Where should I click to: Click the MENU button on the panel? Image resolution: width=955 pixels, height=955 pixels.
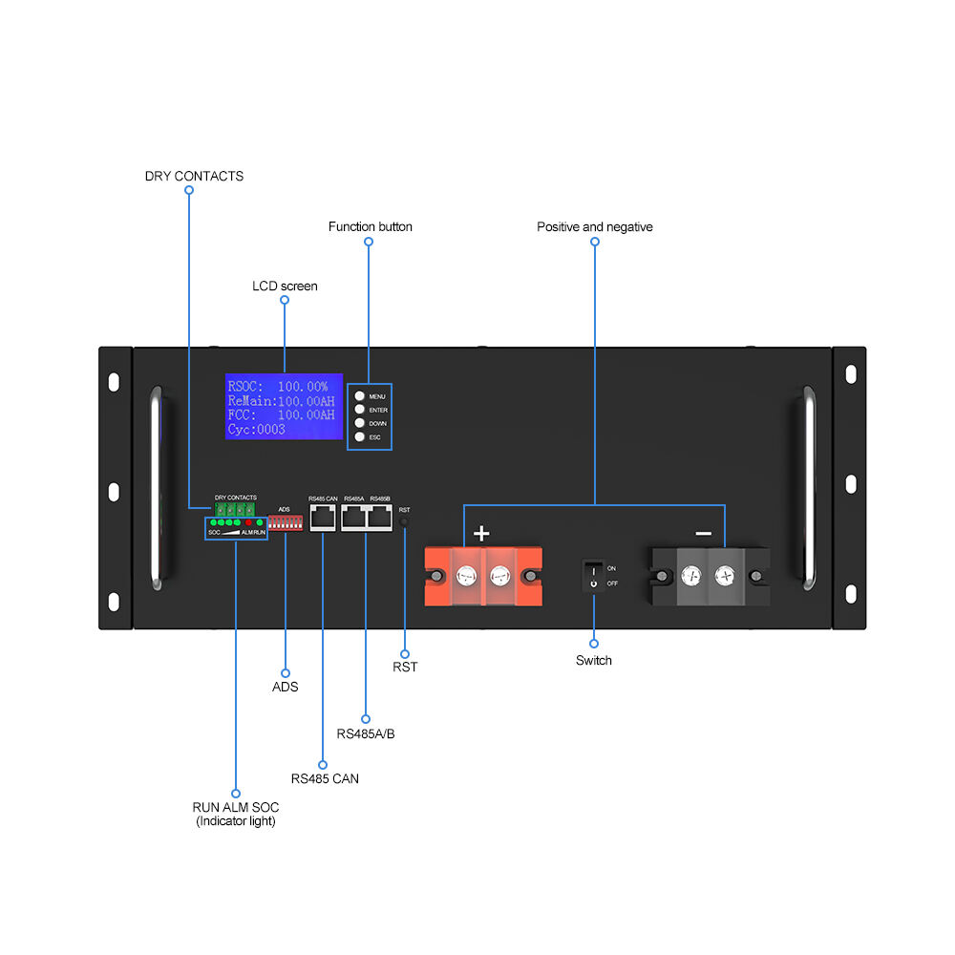[x=359, y=395]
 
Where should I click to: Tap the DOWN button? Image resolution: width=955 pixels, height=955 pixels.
[x=359, y=422]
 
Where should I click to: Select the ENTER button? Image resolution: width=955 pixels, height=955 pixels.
[x=359, y=409]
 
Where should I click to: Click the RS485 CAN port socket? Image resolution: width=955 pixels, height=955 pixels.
[x=322, y=518]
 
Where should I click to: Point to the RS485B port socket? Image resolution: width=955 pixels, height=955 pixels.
[x=380, y=518]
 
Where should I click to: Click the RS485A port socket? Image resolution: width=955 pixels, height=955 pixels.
[x=353, y=518]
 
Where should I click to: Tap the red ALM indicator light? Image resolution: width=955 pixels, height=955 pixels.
[x=248, y=523]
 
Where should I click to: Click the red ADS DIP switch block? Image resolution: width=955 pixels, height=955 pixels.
[x=285, y=523]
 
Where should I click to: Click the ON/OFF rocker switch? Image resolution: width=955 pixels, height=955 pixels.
[x=593, y=575]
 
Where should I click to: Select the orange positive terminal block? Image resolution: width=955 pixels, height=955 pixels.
[x=483, y=576]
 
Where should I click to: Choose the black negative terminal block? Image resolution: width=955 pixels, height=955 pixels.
[x=708, y=576]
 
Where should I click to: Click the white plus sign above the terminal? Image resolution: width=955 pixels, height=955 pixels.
[x=482, y=533]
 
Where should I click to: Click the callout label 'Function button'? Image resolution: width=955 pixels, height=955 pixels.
[x=371, y=227]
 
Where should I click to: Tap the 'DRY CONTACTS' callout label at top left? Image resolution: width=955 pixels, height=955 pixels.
[x=194, y=176]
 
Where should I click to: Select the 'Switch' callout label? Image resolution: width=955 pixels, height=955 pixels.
[x=593, y=660]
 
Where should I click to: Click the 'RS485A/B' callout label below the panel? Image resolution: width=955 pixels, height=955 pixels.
[x=366, y=734]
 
